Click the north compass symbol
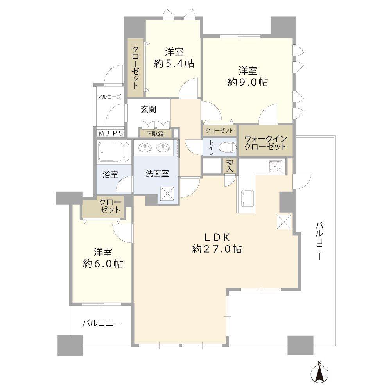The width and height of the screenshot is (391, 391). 320,373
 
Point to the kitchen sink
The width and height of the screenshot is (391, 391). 248,197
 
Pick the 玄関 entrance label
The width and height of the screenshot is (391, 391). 149,109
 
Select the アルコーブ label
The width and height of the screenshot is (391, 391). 109,97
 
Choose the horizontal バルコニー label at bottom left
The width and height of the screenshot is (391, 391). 101,323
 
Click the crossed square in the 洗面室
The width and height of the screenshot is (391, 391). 167,193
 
